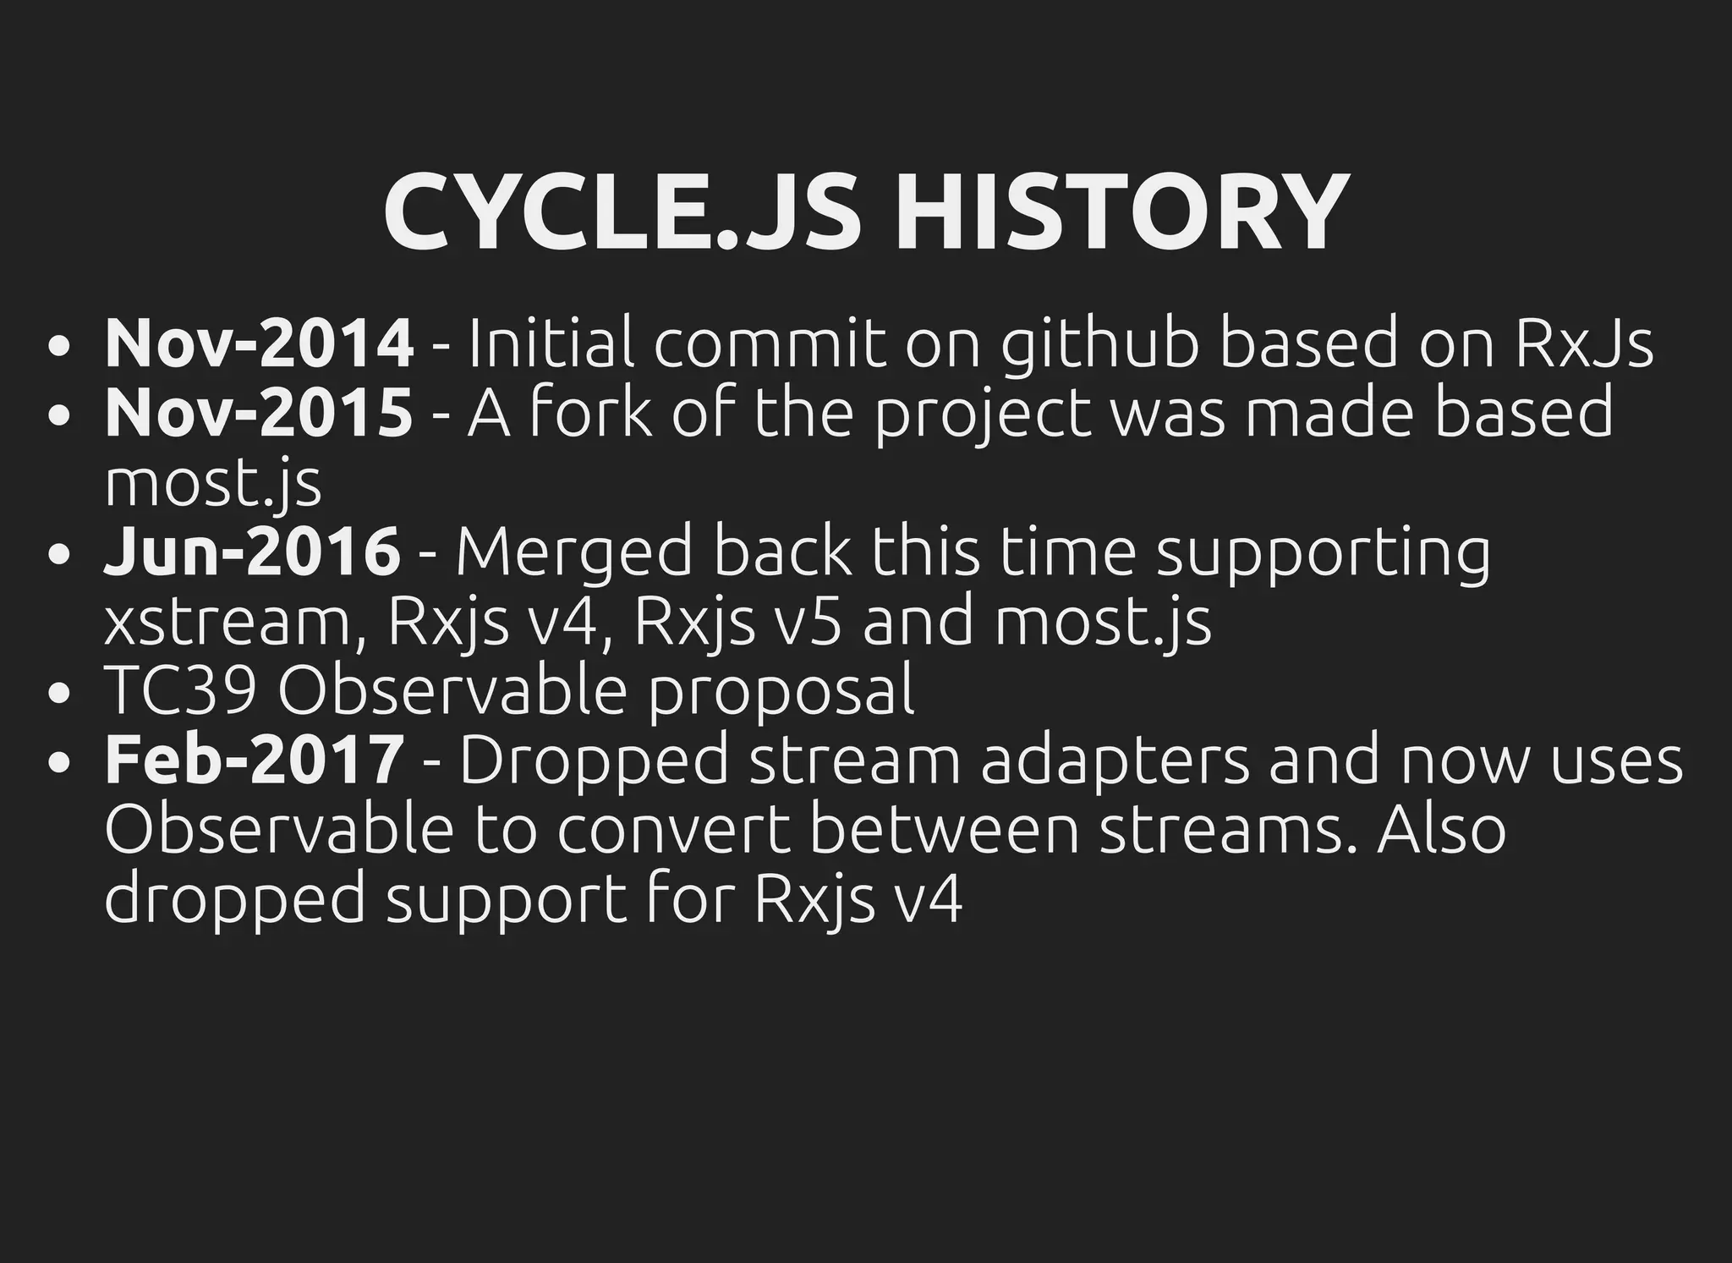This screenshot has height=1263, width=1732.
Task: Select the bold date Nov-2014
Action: click(x=259, y=343)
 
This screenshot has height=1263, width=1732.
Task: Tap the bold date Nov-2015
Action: click(x=259, y=413)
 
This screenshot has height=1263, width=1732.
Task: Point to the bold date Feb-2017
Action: click(x=254, y=760)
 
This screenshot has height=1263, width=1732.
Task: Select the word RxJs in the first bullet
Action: click(x=1582, y=343)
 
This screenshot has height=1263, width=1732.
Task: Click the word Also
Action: click(x=1441, y=829)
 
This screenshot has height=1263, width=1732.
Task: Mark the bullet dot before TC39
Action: click(x=58, y=694)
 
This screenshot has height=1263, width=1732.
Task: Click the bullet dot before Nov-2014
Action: click(x=58, y=347)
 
